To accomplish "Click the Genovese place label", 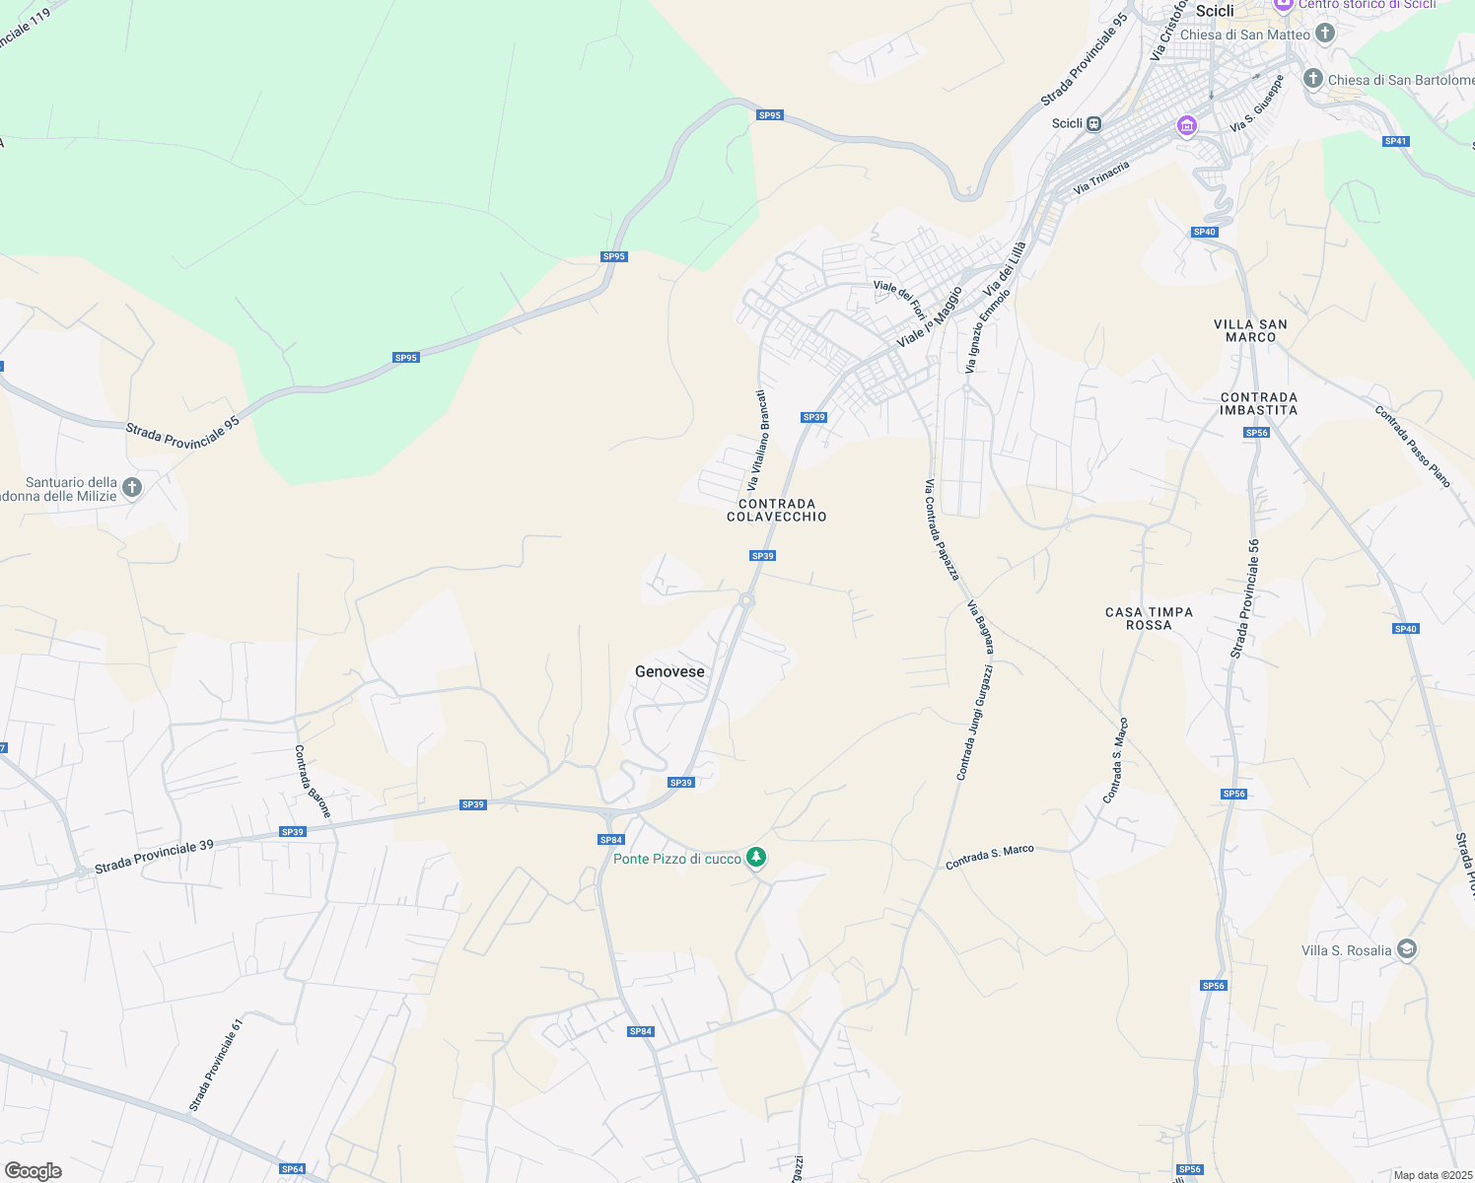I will (x=669, y=671).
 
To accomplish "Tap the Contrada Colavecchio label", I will (x=777, y=510).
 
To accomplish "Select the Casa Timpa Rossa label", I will (x=1149, y=618).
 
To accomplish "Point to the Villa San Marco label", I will (x=1250, y=330).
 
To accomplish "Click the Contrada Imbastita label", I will (x=1259, y=403).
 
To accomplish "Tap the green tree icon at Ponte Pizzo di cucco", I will (x=756, y=858).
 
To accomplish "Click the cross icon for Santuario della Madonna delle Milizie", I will (x=132, y=487).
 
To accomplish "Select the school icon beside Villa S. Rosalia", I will (x=1407, y=949).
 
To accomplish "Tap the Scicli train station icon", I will (x=1093, y=123).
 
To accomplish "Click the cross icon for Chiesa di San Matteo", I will (x=1325, y=34).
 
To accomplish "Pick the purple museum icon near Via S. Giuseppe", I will (x=1187, y=126).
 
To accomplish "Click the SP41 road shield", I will (x=1395, y=141).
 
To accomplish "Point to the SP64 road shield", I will (x=292, y=1169).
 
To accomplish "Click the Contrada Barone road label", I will (x=313, y=781).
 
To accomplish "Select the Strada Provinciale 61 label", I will (x=216, y=1065).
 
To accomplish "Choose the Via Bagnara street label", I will (x=980, y=627).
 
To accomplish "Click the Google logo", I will (x=33, y=1170).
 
